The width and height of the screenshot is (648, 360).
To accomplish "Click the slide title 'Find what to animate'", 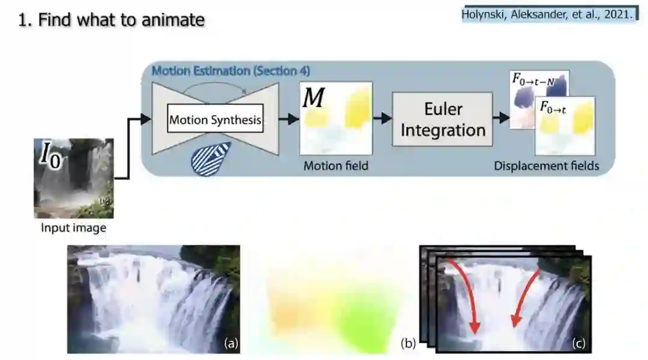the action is pos(112,20).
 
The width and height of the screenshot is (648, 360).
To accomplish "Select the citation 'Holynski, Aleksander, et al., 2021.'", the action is pos(547,15).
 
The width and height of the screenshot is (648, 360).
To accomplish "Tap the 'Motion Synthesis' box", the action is pos(215,120).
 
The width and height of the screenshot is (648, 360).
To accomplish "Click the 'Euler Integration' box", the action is pos(443,119).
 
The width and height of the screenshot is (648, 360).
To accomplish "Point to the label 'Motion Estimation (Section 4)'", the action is pos(230,71).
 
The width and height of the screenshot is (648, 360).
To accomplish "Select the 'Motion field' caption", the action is pos(335,166).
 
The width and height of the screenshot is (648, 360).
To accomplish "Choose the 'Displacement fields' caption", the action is pos(546,166).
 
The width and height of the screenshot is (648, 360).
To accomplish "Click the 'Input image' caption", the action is pos(73,228).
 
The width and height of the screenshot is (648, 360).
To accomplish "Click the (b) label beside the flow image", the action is pos(408,344).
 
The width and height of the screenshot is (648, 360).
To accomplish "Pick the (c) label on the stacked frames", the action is pos(578,344).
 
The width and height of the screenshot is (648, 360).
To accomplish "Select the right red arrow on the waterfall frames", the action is pos(523,300).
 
